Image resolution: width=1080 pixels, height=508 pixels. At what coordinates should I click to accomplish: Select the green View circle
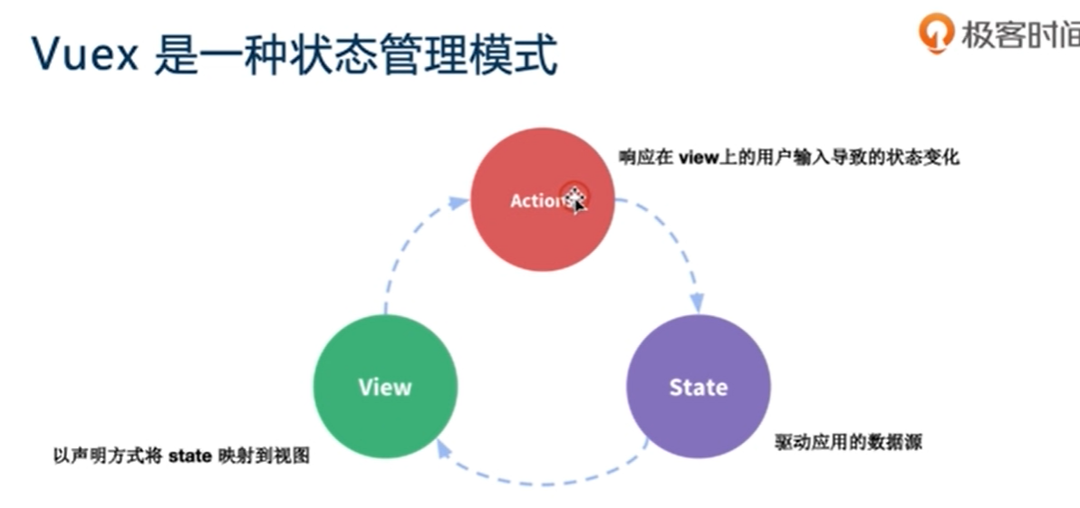click(x=385, y=387)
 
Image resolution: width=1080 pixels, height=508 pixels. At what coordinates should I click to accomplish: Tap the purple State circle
click(x=698, y=387)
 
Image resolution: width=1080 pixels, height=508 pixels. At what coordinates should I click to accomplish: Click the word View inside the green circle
click(x=385, y=388)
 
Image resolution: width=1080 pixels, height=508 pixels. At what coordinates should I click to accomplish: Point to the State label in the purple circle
click(x=698, y=388)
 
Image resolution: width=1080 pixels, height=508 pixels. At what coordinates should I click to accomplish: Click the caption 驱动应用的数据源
click(x=849, y=443)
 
